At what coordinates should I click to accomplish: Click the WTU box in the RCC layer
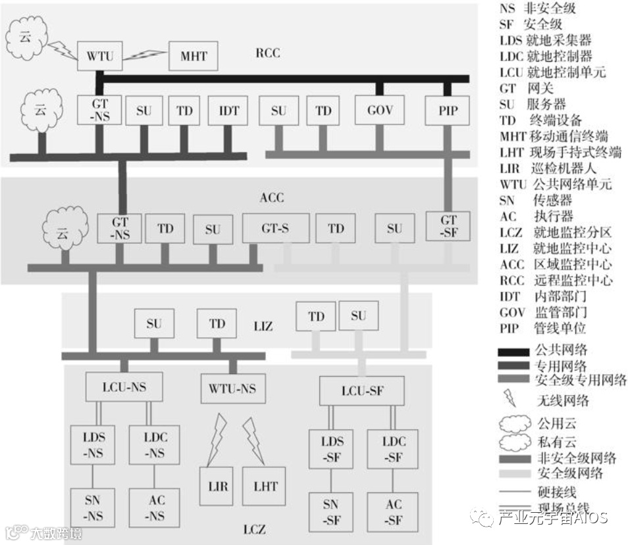click(100, 57)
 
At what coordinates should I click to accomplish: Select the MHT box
click(194, 57)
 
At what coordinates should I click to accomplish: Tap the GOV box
click(380, 110)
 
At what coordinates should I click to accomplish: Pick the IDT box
click(228, 110)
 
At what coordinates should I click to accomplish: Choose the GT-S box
click(275, 228)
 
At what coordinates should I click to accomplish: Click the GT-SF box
click(448, 227)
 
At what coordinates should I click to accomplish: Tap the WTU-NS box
click(233, 388)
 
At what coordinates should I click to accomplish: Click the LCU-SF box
click(361, 391)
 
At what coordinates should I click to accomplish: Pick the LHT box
click(265, 486)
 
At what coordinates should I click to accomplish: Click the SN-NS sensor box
click(92, 508)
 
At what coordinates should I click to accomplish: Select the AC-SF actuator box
click(394, 512)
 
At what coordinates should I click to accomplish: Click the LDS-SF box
click(332, 449)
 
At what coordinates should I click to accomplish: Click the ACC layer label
click(272, 197)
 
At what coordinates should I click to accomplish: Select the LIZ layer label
click(263, 326)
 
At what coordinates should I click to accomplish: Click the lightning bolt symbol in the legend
click(509, 397)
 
